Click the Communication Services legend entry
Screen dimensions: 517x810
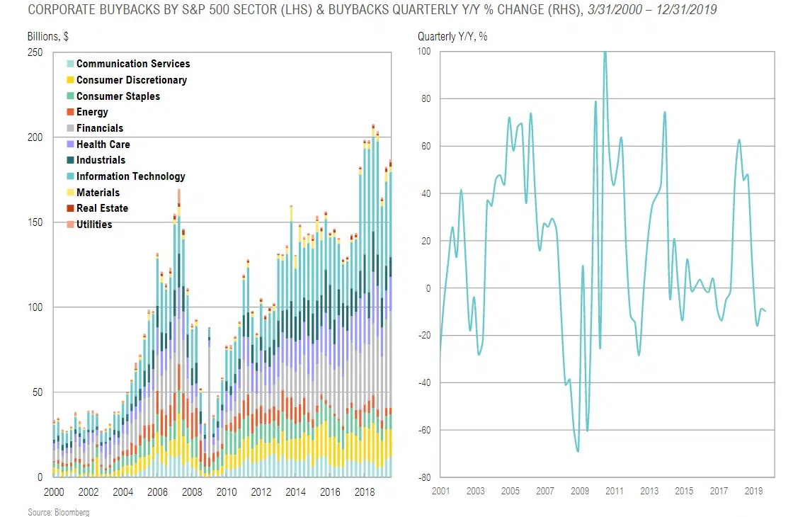132,64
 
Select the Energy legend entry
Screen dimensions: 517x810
92,112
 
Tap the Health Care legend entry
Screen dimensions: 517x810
103,144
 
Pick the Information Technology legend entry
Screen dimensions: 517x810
130,176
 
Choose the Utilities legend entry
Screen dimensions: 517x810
93,225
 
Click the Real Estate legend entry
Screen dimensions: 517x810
102,208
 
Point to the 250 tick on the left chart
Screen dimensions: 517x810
35,52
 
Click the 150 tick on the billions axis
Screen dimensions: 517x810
35,222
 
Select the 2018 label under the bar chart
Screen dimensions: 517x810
365,492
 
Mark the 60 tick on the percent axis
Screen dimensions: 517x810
425,147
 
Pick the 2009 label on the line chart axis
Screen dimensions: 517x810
580,491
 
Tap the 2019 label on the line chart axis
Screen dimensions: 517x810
754,491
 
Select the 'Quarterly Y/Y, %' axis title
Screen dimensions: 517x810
452,36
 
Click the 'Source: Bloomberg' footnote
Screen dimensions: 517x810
49,512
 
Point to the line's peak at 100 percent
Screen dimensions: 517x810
605,52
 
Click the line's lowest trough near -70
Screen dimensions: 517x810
578,451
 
